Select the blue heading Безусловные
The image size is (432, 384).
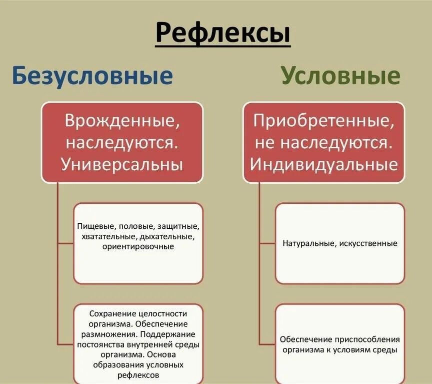tap(91, 76)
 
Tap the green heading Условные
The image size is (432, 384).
tap(340, 76)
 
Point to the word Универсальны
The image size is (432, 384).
tap(122, 164)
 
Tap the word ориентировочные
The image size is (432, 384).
tap(138, 246)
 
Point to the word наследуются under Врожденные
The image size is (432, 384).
tap(121, 143)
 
